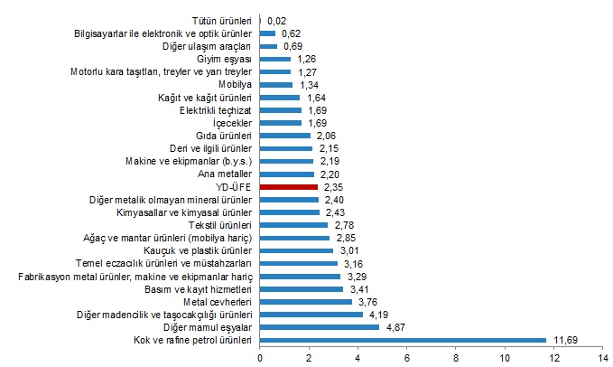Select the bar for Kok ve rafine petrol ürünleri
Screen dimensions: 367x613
pos(404,340)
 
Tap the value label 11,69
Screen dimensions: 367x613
pos(565,340)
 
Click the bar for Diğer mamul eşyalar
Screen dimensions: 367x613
pos(320,327)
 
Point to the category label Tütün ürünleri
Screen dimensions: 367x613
pos(225,20)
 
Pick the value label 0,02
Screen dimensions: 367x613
pos(277,20)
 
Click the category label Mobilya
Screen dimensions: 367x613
pos(237,84)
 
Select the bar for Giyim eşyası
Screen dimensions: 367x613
pos(275,59)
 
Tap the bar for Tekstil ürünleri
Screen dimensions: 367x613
pos(294,224)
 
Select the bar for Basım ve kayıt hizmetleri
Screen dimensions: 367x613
pos(302,288)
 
